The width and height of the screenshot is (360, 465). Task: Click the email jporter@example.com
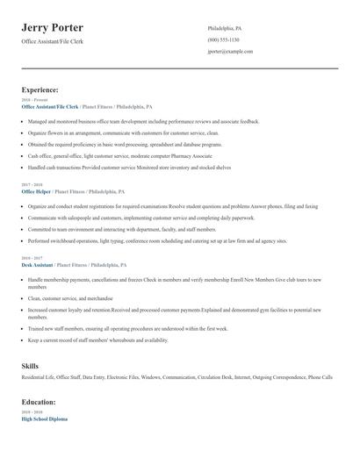pos(230,52)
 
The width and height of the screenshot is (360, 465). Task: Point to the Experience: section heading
pos(40,89)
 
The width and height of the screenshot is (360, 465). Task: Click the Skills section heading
pos(30,366)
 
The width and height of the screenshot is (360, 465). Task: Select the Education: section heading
pos(39,402)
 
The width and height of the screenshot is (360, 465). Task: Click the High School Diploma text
pos(44,418)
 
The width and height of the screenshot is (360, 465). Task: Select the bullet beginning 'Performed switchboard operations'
pos(145,240)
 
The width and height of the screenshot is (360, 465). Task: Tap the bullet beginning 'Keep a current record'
pos(97,340)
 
